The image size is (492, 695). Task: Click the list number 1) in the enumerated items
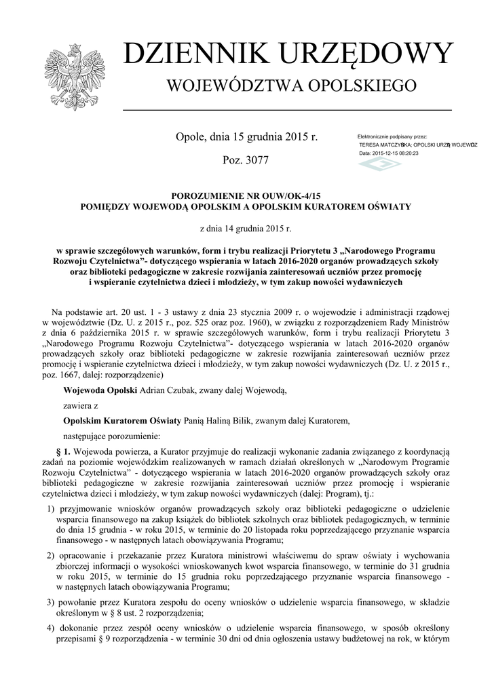tap(51, 508)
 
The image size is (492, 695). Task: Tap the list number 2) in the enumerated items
tap(51, 555)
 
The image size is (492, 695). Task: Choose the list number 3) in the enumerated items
tap(51, 601)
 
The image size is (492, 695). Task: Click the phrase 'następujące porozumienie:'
tap(111, 436)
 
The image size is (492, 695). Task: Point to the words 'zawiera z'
tap(81, 405)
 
